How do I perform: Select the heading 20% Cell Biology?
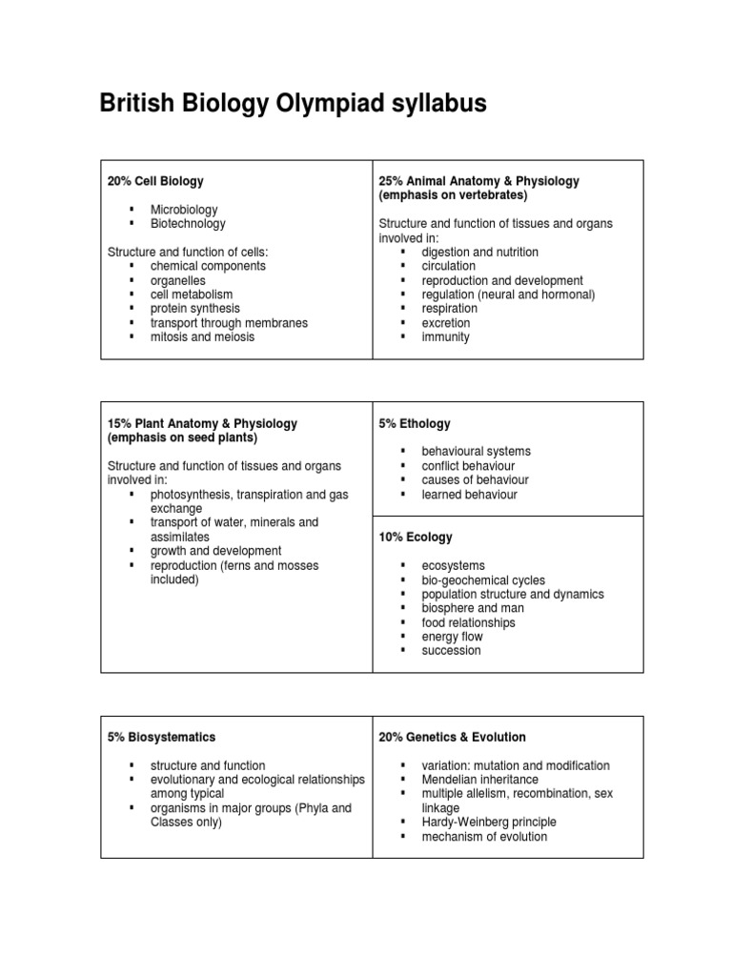[155, 181]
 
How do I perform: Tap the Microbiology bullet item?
[184, 210]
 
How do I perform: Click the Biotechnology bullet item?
[188, 224]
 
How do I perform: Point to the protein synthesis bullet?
[195, 309]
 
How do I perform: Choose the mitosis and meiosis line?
[202, 337]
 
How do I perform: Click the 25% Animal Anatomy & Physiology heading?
[478, 181]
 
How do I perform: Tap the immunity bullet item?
[445, 337]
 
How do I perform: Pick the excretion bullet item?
[445, 323]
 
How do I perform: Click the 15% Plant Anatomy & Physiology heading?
[202, 423]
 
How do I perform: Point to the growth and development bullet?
[215, 551]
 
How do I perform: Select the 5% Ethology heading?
[415, 423]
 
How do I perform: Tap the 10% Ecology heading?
[416, 538]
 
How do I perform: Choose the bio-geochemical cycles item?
[483, 580]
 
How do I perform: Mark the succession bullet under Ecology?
[451, 651]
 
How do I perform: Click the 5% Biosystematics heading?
[161, 737]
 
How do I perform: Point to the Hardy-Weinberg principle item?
[489, 823]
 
